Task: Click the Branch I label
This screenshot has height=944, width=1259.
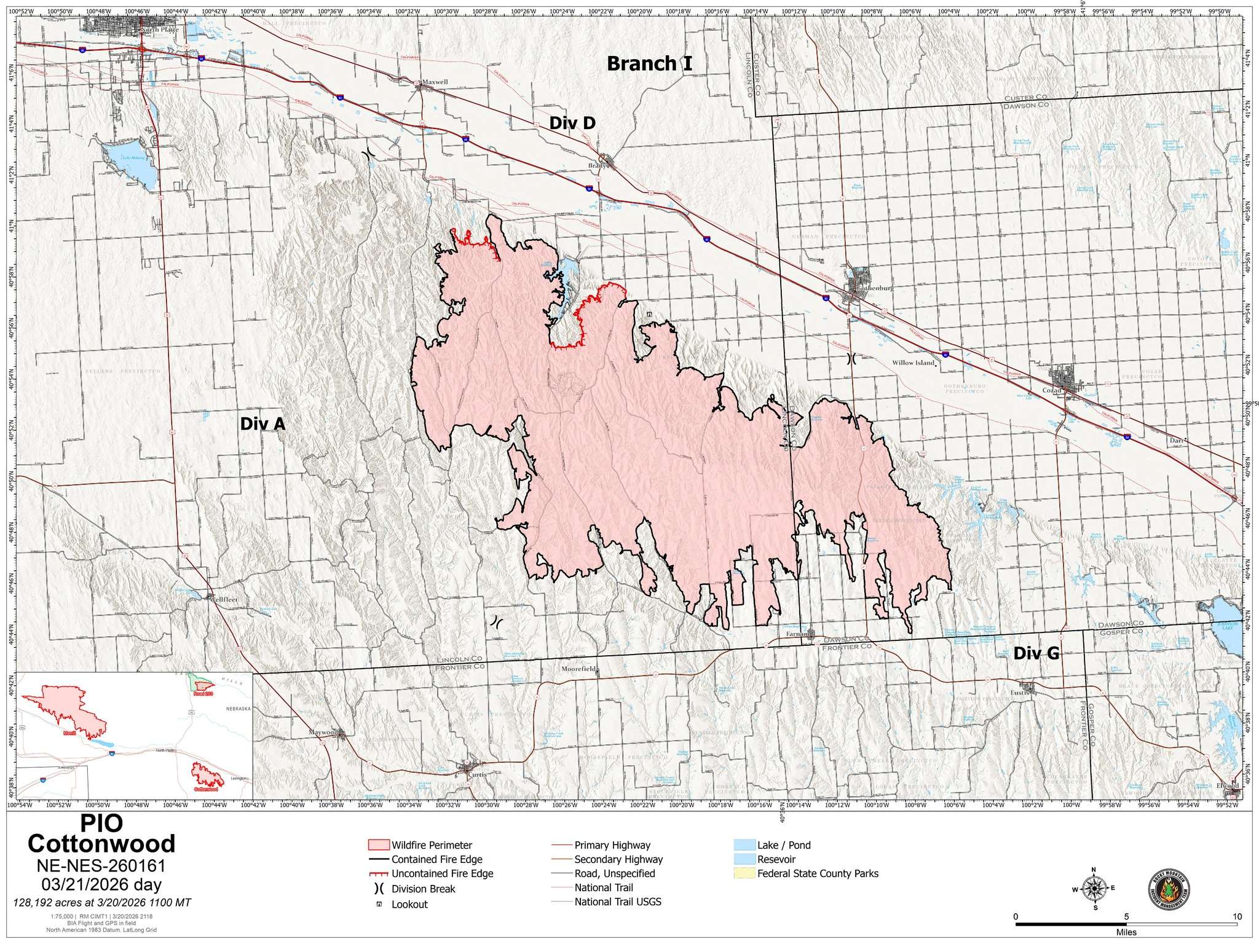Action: point(650,64)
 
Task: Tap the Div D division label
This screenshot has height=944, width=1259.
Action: point(572,124)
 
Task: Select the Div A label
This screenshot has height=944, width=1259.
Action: point(262,424)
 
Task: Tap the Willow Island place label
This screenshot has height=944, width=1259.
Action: point(913,363)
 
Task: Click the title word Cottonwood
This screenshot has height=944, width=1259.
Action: point(101,844)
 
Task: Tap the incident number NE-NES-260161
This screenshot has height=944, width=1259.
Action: point(101,866)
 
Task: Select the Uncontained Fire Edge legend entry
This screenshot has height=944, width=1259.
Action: point(442,874)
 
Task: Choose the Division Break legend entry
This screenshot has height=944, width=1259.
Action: point(423,889)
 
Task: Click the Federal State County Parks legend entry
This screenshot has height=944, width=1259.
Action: point(818,873)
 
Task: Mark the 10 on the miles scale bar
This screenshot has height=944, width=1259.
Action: point(1237,916)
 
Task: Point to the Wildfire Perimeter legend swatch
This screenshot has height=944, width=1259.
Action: point(377,845)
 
